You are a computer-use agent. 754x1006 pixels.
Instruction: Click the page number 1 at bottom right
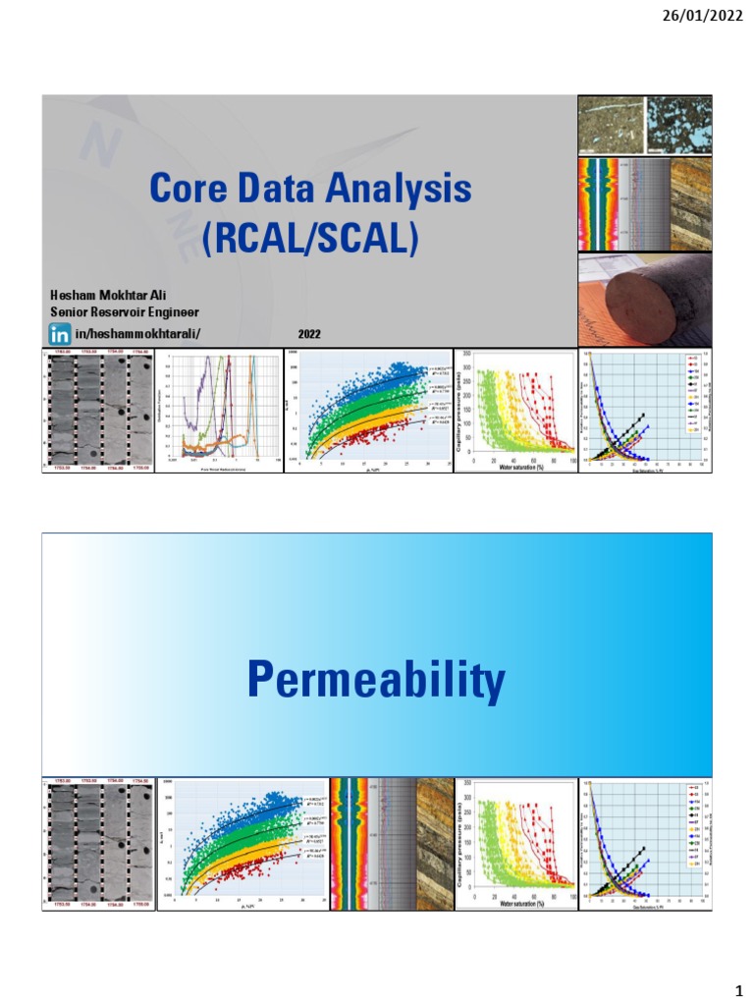(733, 985)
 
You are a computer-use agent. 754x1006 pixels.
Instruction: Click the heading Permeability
(376, 679)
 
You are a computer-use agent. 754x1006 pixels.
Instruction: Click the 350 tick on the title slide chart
(466, 353)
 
